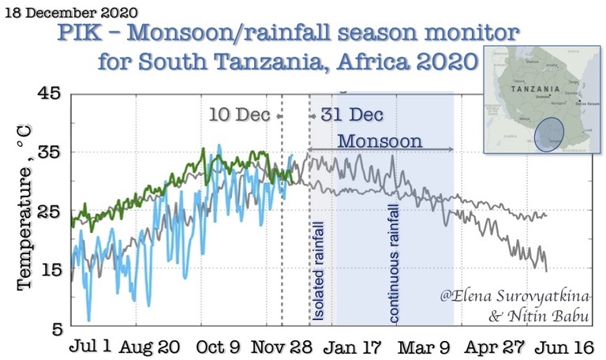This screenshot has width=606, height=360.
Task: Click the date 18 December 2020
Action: click(x=71, y=13)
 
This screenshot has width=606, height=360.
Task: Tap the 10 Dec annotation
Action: click(x=239, y=114)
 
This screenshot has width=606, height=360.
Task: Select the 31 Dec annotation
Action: click(x=351, y=114)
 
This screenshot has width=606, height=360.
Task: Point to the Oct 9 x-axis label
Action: click(x=219, y=347)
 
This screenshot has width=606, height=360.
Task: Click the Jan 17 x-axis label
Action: click(x=353, y=347)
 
